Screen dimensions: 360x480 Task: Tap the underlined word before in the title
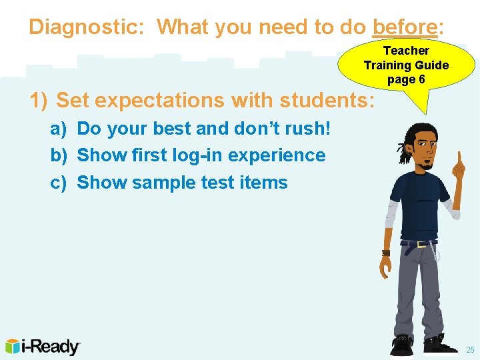(404, 27)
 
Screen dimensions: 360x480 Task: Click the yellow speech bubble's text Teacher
(406, 51)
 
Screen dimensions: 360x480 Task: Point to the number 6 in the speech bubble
(421, 80)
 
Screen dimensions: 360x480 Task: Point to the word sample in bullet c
(161, 183)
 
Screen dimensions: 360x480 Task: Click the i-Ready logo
(43, 346)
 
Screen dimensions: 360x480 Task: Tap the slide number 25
(470, 350)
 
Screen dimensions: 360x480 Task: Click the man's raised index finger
(459, 161)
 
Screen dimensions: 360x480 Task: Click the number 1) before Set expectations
(38, 101)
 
